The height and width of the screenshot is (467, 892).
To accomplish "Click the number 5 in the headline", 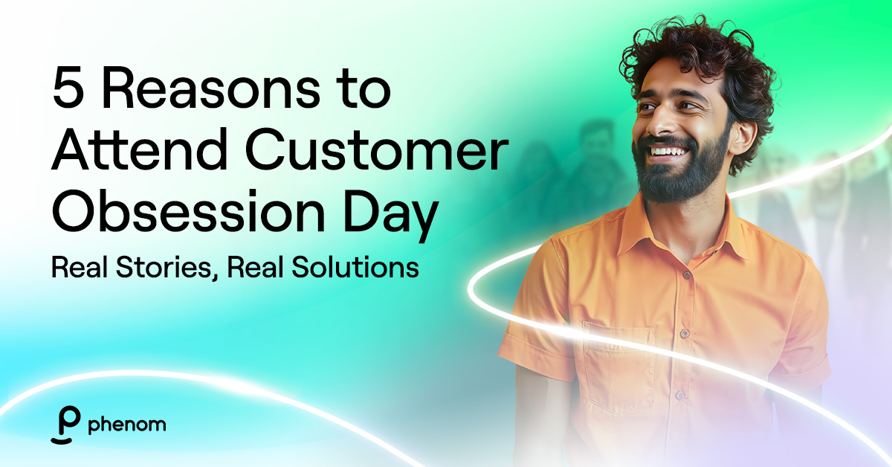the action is pos(68,88).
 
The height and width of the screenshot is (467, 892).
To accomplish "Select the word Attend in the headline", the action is pos(140,149).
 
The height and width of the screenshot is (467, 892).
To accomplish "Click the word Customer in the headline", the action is pos(377,149).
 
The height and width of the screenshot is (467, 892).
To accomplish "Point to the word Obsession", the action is pos(188,210).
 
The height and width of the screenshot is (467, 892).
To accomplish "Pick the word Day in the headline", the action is pos(391,216).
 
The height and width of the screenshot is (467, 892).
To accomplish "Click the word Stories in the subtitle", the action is pos(164,267).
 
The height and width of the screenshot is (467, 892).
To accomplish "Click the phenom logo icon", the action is pos(65,425).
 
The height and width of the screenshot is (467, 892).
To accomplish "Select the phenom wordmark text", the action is pos(127,425).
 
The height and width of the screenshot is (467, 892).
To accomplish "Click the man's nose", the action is pos(659,124).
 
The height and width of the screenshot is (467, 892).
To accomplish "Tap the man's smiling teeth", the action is pos(670,152).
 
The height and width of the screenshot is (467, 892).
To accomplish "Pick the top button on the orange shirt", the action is pos(687,275).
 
